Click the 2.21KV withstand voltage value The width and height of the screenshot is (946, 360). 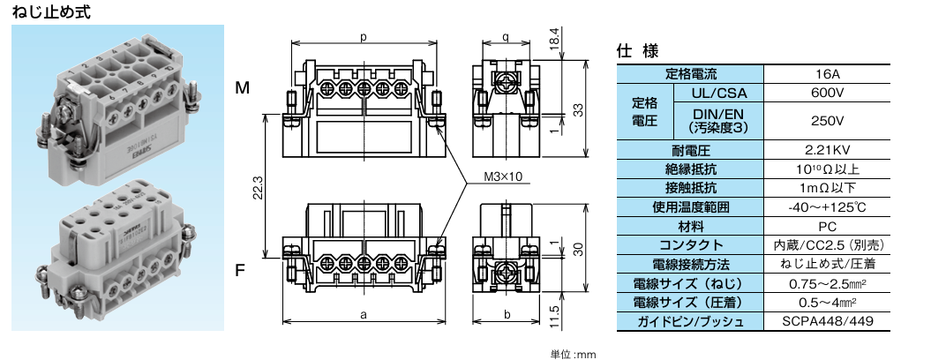(x=827, y=149)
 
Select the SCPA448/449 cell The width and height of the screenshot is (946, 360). (x=827, y=321)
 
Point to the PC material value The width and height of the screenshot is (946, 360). (x=827, y=226)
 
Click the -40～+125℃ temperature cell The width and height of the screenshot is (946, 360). (x=827, y=206)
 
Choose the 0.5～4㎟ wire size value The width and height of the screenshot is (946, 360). (x=827, y=302)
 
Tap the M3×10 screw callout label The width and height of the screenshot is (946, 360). (x=503, y=176)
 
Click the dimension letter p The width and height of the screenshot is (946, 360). (x=364, y=37)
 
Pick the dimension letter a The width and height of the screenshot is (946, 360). (x=364, y=314)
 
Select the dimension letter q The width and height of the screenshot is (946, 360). (x=504, y=37)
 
